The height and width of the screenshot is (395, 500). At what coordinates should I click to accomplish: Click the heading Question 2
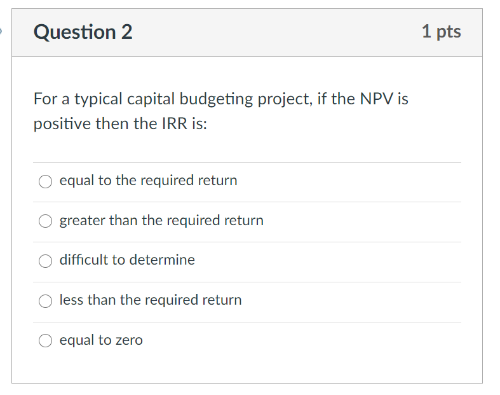(83, 32)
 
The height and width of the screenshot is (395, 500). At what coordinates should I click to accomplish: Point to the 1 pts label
(441, 31)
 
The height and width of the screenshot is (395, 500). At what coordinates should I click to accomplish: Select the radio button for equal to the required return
(46, 181)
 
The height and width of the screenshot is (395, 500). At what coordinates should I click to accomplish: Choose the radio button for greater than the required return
(46, 221)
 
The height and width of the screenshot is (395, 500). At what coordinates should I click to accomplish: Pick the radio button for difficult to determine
(46, 261)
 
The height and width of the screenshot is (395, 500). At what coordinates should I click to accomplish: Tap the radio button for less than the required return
(46, 301)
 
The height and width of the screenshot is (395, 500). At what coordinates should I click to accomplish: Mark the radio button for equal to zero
(46, 341)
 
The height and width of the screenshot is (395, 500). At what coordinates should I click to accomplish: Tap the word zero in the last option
(128, 340)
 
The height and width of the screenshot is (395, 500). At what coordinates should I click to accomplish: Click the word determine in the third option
(162, 260)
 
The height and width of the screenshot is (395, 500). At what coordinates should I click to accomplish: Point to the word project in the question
(285, 100)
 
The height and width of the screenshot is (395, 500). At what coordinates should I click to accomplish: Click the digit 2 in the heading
(126, 32)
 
